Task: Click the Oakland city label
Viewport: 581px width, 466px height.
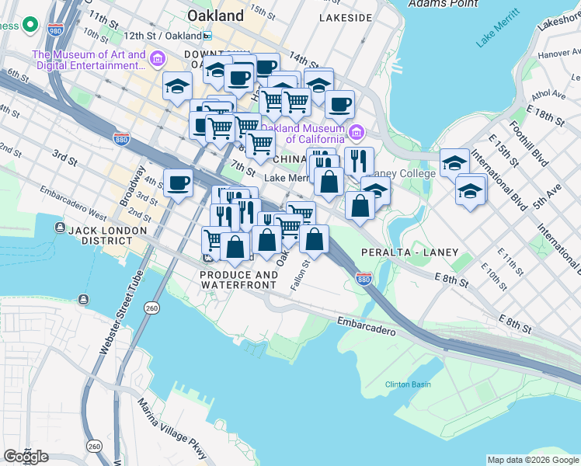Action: pos(215,16)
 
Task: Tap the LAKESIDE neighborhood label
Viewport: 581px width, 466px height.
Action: pos(350,16)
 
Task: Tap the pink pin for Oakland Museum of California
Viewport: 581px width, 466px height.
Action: pos(357,134)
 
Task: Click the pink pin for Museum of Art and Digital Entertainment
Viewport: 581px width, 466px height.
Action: pos(158,59)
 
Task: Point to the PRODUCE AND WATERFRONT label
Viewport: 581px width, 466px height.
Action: pos(238,280)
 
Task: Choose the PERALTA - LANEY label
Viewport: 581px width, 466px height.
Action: pos(409,252)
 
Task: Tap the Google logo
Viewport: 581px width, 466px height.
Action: pos(26,456)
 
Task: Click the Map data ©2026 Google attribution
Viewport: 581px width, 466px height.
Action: pos(533,460)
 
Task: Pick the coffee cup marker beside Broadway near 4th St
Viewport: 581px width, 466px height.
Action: pos(179,183)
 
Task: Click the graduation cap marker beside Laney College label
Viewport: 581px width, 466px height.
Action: pos(376,190)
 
